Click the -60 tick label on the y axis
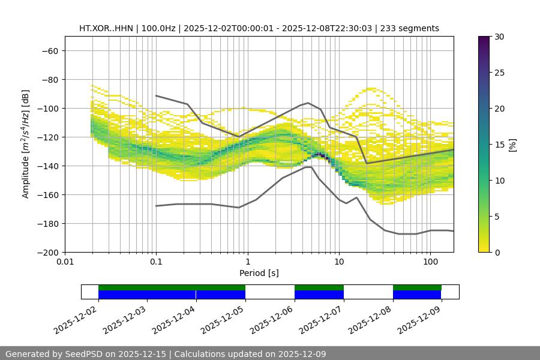coord(49,50)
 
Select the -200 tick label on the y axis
coord(47,252)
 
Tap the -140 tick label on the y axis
coord(47,166)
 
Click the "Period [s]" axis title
coord(259,273)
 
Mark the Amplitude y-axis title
coord(26,144)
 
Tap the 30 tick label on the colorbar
coord(499,37)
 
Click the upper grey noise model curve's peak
coord(308,103)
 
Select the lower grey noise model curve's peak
coord(308,167)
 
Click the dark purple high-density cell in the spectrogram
coord(322,155)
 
